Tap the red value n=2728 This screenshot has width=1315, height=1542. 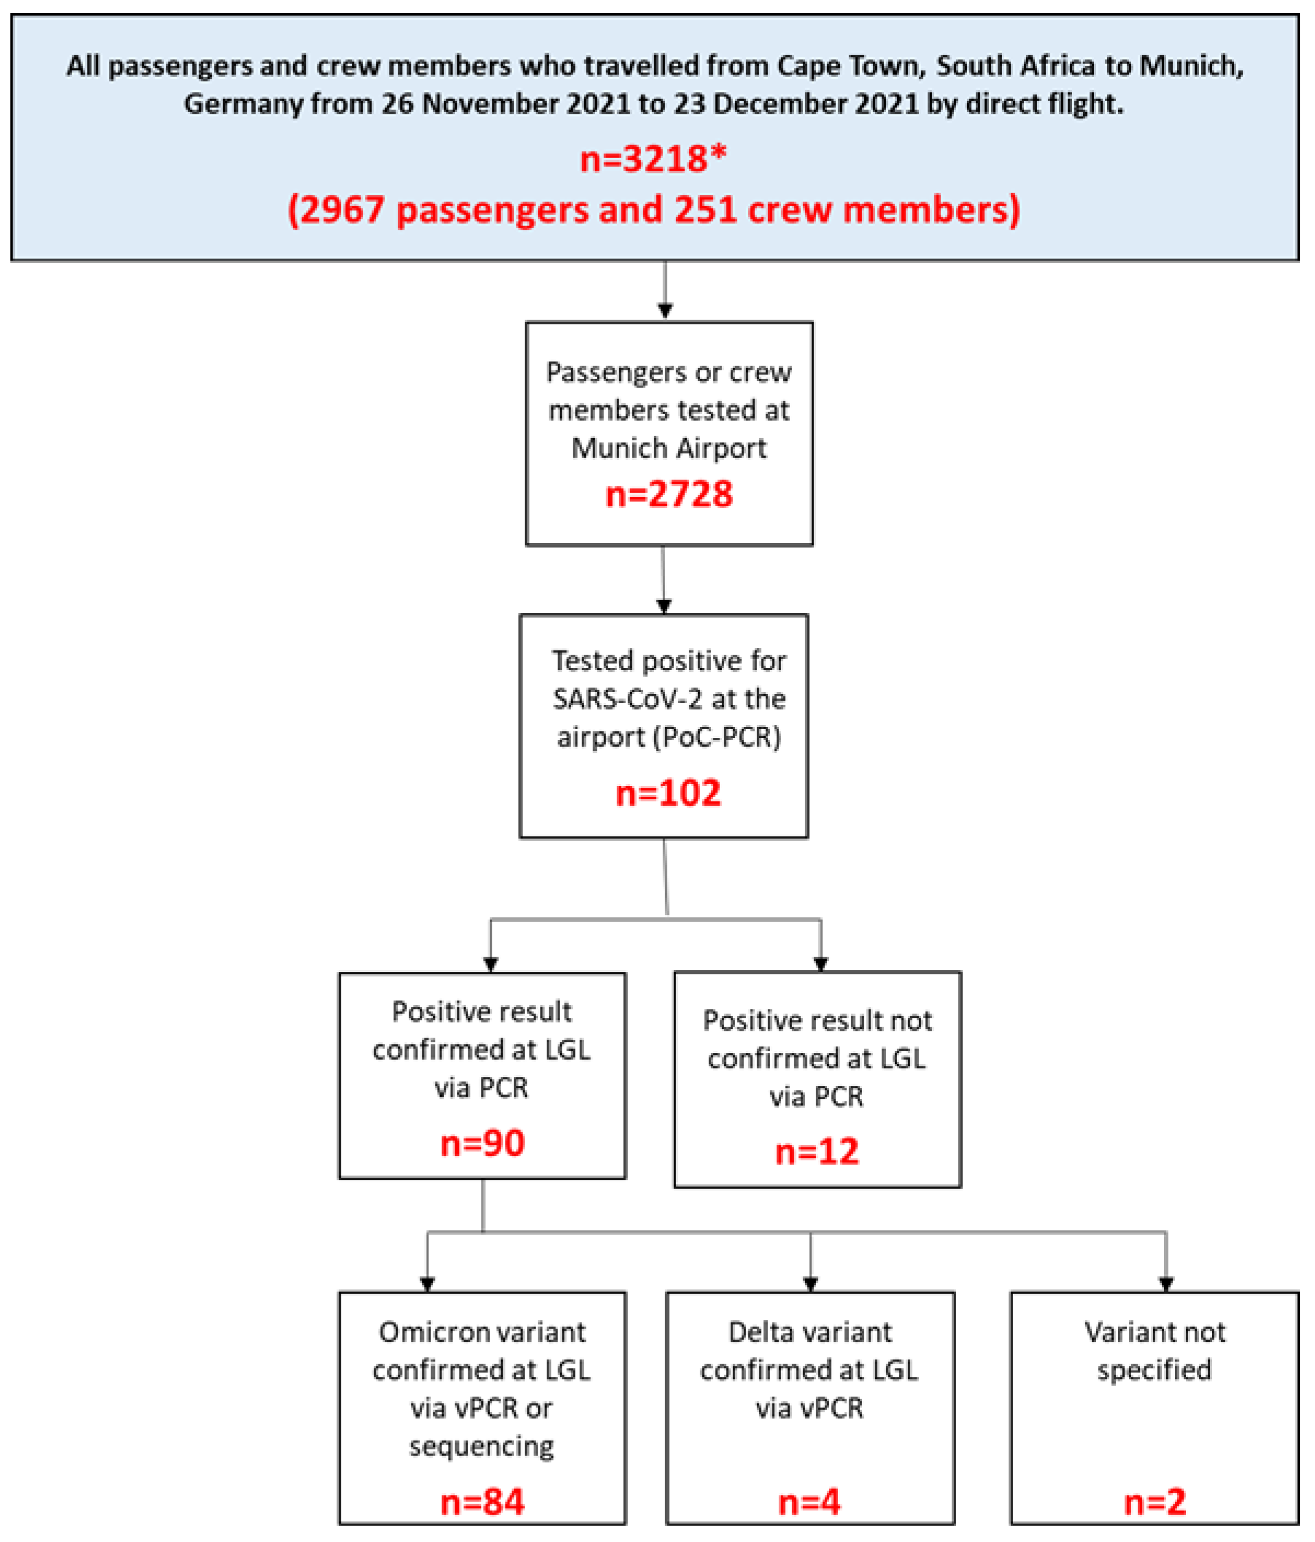668,494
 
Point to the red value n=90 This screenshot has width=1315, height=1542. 482,1142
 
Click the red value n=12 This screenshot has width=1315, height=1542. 816,1151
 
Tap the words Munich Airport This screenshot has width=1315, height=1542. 668,448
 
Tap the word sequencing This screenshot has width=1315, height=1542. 481,1445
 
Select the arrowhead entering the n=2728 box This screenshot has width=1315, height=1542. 665,310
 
